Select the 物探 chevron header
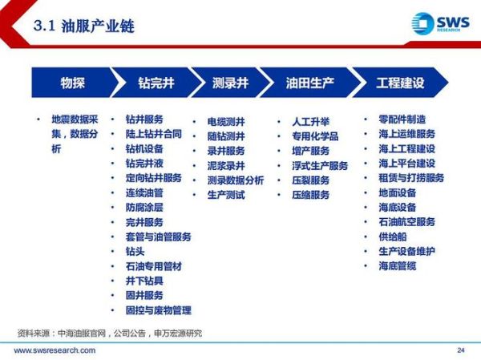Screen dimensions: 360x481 72,83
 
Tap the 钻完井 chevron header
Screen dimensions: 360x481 156,83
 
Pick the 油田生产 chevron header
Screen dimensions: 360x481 309,83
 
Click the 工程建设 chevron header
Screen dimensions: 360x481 400,83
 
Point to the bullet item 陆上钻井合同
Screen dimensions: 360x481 154,134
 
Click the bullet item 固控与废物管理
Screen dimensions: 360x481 159,310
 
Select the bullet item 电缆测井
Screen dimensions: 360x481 227,122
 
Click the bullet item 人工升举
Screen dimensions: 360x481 311,122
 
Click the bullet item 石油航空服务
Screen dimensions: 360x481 406,222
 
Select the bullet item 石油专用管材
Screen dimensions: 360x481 154,266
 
